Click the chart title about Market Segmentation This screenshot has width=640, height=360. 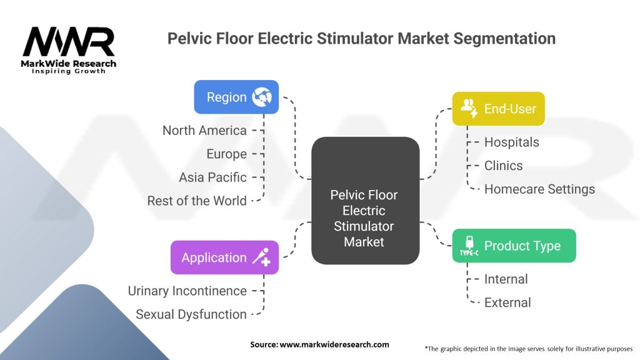coord(361,39)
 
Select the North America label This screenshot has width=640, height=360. coord(204,131)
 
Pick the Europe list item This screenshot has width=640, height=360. coord(226,154)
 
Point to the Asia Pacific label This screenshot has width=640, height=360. coord(212,177)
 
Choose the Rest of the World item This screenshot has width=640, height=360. coord(197,201)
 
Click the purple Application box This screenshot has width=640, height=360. coord(224,257)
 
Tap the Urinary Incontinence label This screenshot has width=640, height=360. coord(187,291)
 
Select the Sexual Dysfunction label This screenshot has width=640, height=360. coord(191,314)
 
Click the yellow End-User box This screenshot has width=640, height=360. coord(498,109)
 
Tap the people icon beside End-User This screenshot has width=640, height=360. coord(469,108)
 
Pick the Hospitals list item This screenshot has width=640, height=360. coord(511,142)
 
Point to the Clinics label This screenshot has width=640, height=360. coord(503,166)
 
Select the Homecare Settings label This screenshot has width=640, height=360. coord(539,189)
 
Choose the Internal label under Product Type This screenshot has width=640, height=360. coord(506,279)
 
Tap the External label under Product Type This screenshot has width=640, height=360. coord(507,302)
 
